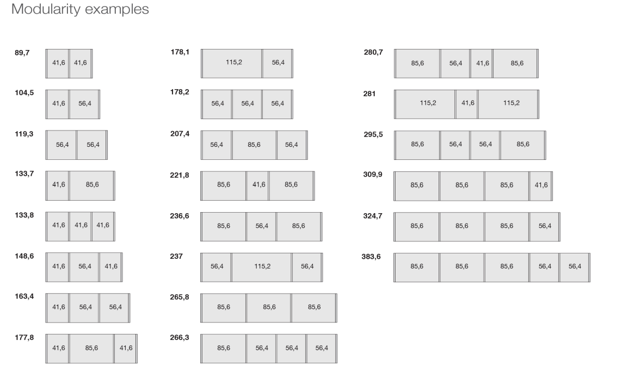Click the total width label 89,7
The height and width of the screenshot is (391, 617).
tap(22, 53)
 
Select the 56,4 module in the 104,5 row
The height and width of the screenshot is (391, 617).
tap(85, 104)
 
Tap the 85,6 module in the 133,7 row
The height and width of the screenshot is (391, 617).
tap(92, 185)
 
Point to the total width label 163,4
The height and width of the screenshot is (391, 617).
tap(24, 297)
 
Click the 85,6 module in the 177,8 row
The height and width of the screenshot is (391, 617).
tap(92, 348)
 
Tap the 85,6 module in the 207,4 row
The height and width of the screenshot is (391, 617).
tap(254, 144)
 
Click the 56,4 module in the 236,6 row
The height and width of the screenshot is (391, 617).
tap(262, 226)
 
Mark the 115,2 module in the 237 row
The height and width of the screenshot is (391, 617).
tap(262, 266)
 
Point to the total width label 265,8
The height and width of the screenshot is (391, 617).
tap(180, 297)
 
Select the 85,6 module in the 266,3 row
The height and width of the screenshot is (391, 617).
tap(224, 348)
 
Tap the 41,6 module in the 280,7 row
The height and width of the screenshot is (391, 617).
tap(483, 63)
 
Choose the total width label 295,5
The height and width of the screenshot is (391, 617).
tap(373, 134)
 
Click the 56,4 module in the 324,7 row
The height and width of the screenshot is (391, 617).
tap(545, 226)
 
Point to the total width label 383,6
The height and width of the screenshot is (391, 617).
tap(373, 256)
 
